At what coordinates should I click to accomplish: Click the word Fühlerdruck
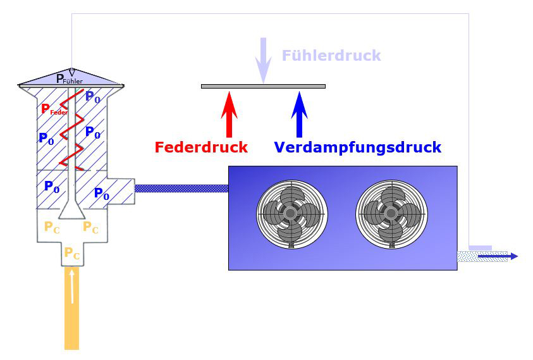point(331,56)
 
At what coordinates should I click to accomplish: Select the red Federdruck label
point(201,147)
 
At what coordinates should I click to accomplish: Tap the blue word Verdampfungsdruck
point(357,147)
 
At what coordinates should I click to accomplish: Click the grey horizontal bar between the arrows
point(263,86)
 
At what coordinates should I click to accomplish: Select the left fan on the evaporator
point(291,213)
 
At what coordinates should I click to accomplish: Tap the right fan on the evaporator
point(390,213)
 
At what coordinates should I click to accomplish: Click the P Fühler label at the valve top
point(69,79)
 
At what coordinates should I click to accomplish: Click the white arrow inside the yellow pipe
point(73,286)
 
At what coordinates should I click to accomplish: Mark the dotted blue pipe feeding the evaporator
point(181,188)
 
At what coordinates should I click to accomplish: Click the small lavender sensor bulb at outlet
point(480,247)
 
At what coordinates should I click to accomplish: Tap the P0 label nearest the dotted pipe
point(101,194)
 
